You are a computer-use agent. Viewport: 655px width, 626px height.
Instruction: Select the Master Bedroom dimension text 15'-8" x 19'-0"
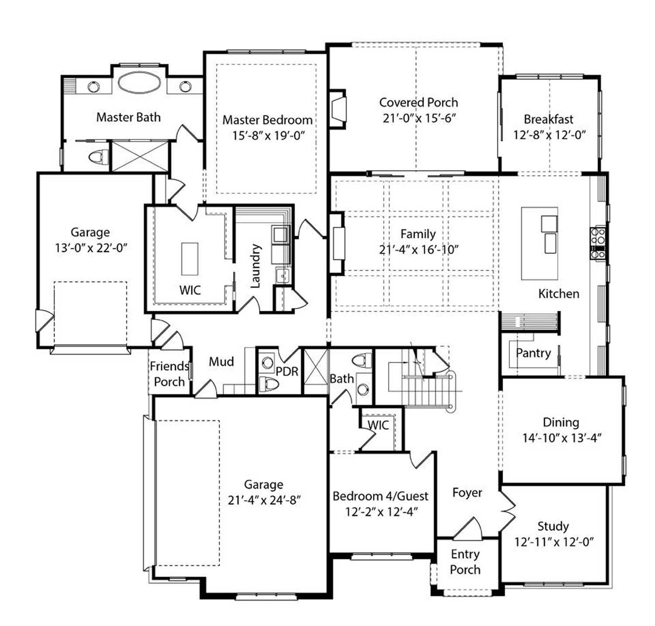(268, 135)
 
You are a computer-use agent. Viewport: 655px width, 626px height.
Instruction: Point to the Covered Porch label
(418, 103)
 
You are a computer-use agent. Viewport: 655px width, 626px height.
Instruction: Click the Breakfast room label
(548, 119)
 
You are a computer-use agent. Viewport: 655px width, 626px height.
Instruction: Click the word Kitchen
(558, 294)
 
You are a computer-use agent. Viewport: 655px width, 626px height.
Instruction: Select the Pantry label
(533, 353)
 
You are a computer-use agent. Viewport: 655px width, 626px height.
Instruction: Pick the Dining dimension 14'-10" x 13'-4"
(562, 438)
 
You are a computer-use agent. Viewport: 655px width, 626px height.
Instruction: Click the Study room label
(553, 526)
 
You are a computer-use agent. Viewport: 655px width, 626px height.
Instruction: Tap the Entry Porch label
(465, 562)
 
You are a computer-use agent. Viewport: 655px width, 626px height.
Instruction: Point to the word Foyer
(467, 493)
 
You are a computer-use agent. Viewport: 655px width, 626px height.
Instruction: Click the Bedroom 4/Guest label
(380, 496)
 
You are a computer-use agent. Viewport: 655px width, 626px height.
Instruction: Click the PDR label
(287, 371)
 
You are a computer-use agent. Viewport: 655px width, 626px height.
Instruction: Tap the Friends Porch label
(169, 374)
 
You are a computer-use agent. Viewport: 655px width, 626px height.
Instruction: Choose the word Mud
(221, 361)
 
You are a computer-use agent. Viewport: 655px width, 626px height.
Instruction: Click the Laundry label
(255, 266)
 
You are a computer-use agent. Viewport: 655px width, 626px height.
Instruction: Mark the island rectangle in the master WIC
(190, 259)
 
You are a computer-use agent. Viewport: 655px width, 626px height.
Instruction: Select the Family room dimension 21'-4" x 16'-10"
(418, 250)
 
